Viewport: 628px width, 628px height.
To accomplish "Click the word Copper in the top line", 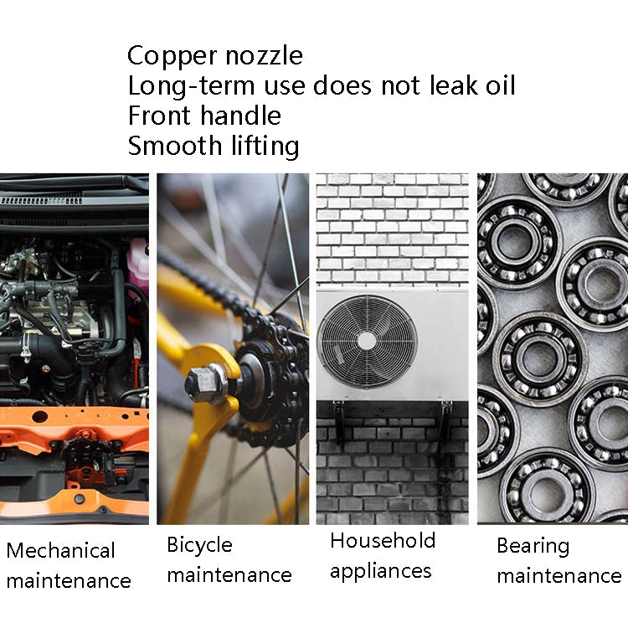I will click(172, 56).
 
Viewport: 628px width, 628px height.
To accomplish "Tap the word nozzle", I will click(262, 56).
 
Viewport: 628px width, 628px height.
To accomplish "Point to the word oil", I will click(495, 85).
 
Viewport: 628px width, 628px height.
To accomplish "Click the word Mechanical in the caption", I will click(60, 550).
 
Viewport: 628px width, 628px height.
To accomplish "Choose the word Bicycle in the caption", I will click(199, 545).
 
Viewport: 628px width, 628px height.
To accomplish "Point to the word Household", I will click(383, 540).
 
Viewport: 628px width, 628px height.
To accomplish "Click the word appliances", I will click(380, 571).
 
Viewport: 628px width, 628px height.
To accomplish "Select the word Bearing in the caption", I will click(533, 546).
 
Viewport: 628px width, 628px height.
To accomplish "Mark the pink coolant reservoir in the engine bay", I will click(138, 262).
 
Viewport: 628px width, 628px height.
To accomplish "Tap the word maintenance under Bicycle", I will click(229, 575).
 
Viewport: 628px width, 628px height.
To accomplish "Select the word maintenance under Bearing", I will click(559, 576).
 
